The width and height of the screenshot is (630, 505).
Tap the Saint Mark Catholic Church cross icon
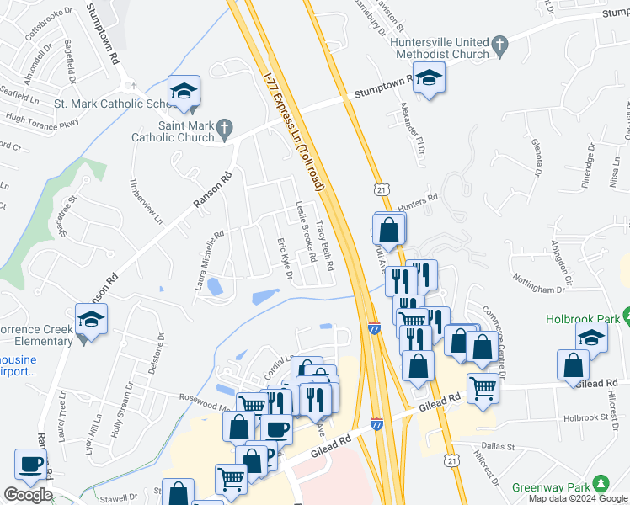tap(223, 129)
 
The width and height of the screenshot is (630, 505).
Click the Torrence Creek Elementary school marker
tap(90, 320)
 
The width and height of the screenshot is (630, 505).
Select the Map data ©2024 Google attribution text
tap(578, 498)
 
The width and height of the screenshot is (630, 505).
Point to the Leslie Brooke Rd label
tap(305, 232)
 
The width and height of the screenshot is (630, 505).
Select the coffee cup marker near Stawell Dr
tap(31, 465)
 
